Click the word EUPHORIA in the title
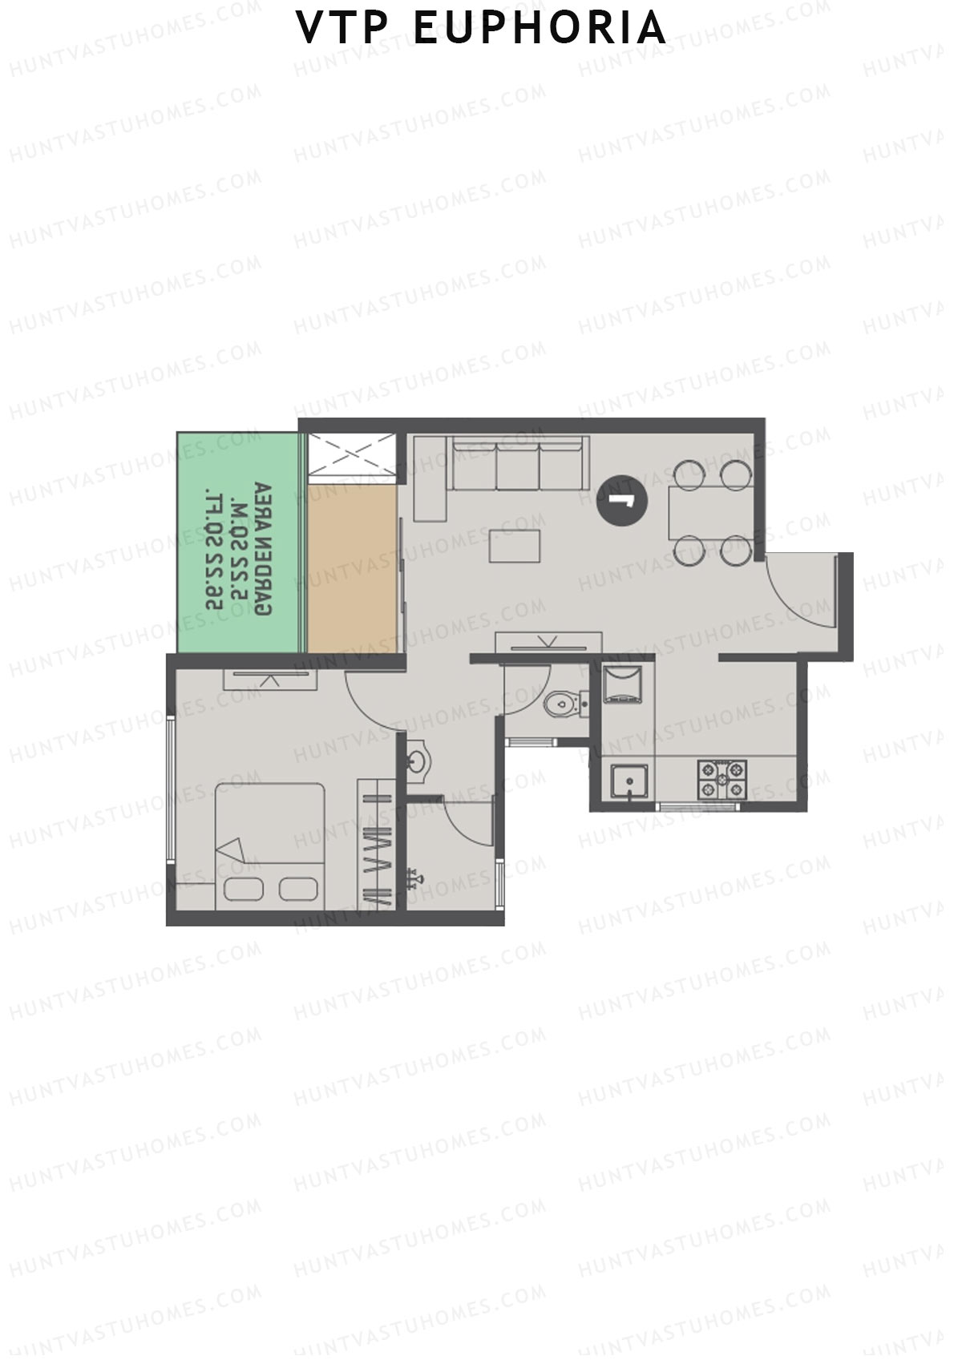(540, 28)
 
